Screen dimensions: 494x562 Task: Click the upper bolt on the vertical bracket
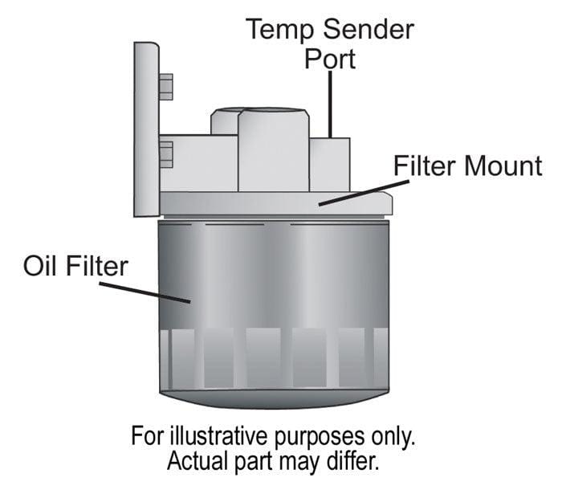(x=165, y=87)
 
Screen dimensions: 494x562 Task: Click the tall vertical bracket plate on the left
(x=145, y=129)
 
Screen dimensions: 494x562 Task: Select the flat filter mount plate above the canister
(x=273, y=204)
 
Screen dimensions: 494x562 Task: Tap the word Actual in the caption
(x=200, y=464)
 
